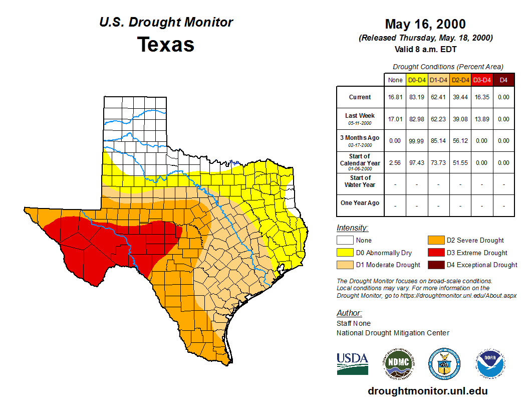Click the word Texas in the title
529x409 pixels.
166,44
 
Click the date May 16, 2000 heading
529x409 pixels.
425,24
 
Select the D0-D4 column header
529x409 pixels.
417,80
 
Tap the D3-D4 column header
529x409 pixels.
482,80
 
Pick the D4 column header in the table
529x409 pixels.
503,80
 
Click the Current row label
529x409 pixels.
360,97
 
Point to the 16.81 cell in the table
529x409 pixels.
395,97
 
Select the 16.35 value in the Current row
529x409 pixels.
482,97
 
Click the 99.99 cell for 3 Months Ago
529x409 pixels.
417,141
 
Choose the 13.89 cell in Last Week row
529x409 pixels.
482,119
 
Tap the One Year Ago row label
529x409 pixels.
360,203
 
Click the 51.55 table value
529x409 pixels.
460,163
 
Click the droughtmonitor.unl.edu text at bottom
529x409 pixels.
427,391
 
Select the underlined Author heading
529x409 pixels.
349,313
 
